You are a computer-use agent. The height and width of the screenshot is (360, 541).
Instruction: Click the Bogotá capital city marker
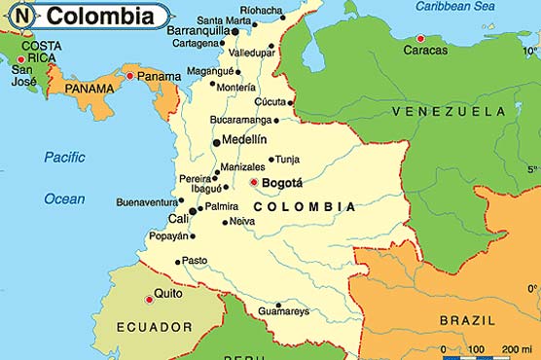click(x=254, y=182)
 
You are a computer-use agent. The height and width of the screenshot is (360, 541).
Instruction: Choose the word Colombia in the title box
click(x=100, y=17)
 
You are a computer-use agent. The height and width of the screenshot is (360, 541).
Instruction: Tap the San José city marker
click(x=20, y=59)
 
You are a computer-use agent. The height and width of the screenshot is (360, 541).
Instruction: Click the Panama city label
click(x=159, y=76)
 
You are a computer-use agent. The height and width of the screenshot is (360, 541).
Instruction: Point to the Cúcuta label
click(x=270, y=101)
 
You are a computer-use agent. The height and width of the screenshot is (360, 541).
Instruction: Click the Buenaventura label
click(x=146, y=202)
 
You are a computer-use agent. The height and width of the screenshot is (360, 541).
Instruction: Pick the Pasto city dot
click(x=176, y=261)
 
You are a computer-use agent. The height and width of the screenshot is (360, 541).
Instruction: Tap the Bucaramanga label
click(x=239, y=121)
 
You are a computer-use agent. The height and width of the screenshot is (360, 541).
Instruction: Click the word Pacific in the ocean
click(x=64, y=156)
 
